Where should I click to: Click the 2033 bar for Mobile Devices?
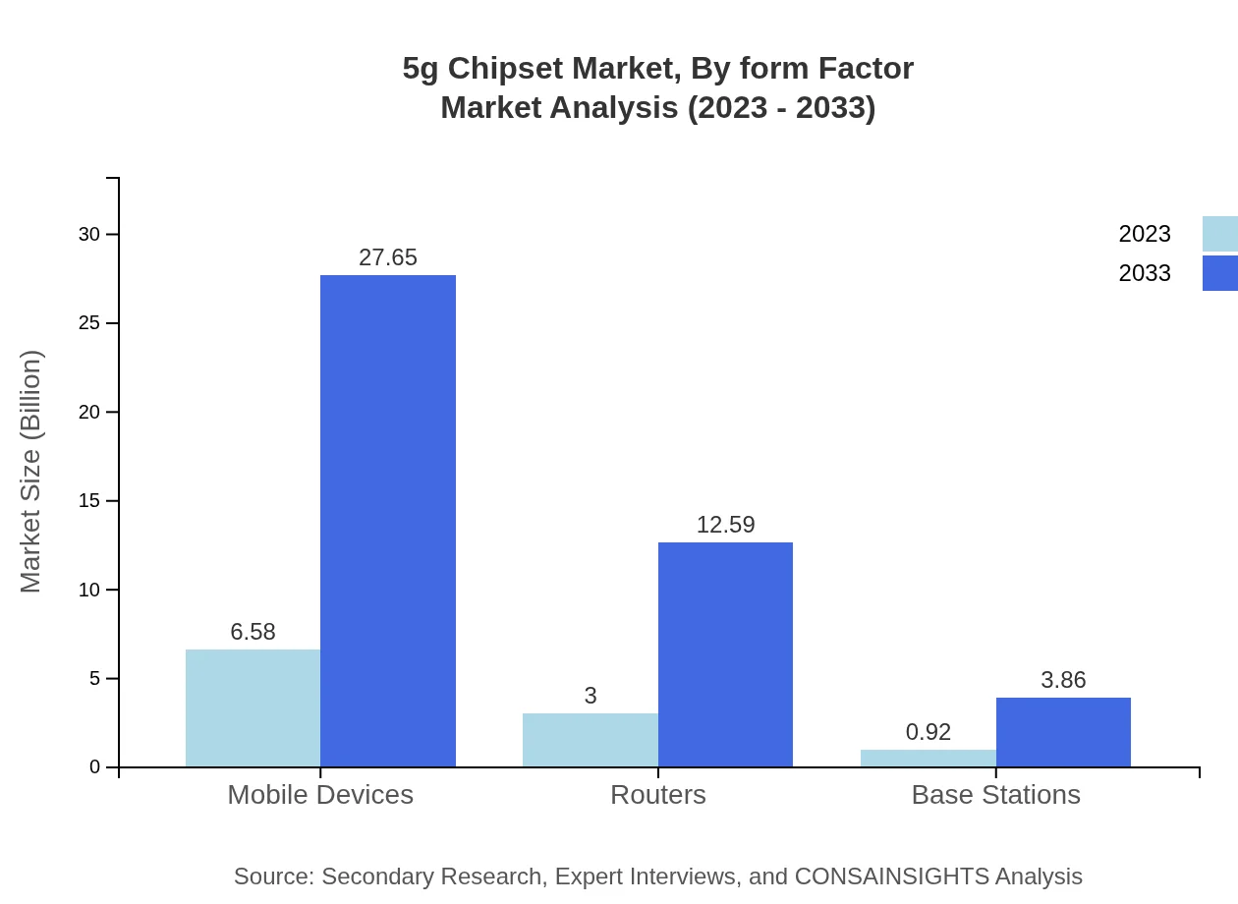[388, 521]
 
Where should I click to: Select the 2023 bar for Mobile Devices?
[253, 707]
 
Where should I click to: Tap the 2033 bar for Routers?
[725, 654]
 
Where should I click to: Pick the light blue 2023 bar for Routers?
[590, 740]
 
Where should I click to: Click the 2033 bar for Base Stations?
[1063, 732]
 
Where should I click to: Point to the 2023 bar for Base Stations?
[928, 759]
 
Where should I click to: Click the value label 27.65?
[388, 257]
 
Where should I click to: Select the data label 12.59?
[725, 525]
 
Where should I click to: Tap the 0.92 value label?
[928, 732]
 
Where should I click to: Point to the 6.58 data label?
[253, 632]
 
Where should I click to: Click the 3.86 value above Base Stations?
[1063, 680]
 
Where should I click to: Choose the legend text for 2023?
[1144, 234]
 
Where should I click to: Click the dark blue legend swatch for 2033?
[1219, 273]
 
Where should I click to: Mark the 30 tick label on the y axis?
[89, 234]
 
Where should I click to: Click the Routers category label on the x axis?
[657, 794]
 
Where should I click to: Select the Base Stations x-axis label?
[995, 794]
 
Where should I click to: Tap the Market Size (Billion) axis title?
[30, 472]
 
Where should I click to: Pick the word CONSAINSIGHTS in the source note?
[890, 876]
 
